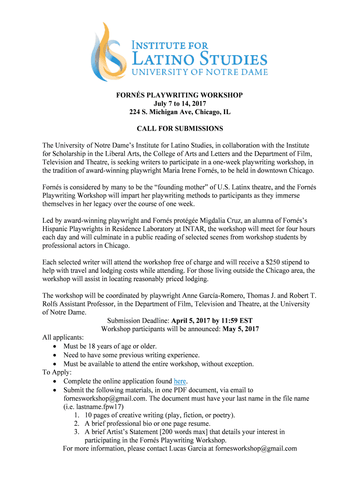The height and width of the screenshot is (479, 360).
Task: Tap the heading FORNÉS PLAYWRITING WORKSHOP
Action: point(180,95)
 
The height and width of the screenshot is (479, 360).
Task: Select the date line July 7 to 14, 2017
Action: point(180,104)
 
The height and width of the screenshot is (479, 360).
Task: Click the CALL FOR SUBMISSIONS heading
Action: point(180,129)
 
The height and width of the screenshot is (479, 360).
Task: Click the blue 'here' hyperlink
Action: point(180,381)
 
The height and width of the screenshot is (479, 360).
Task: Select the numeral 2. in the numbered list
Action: point(77,423)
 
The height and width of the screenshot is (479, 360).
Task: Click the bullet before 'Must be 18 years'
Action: point(56,347)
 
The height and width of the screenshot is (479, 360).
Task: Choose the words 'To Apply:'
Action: point(57,372)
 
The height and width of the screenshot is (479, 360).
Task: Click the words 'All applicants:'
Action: point(63,338)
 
